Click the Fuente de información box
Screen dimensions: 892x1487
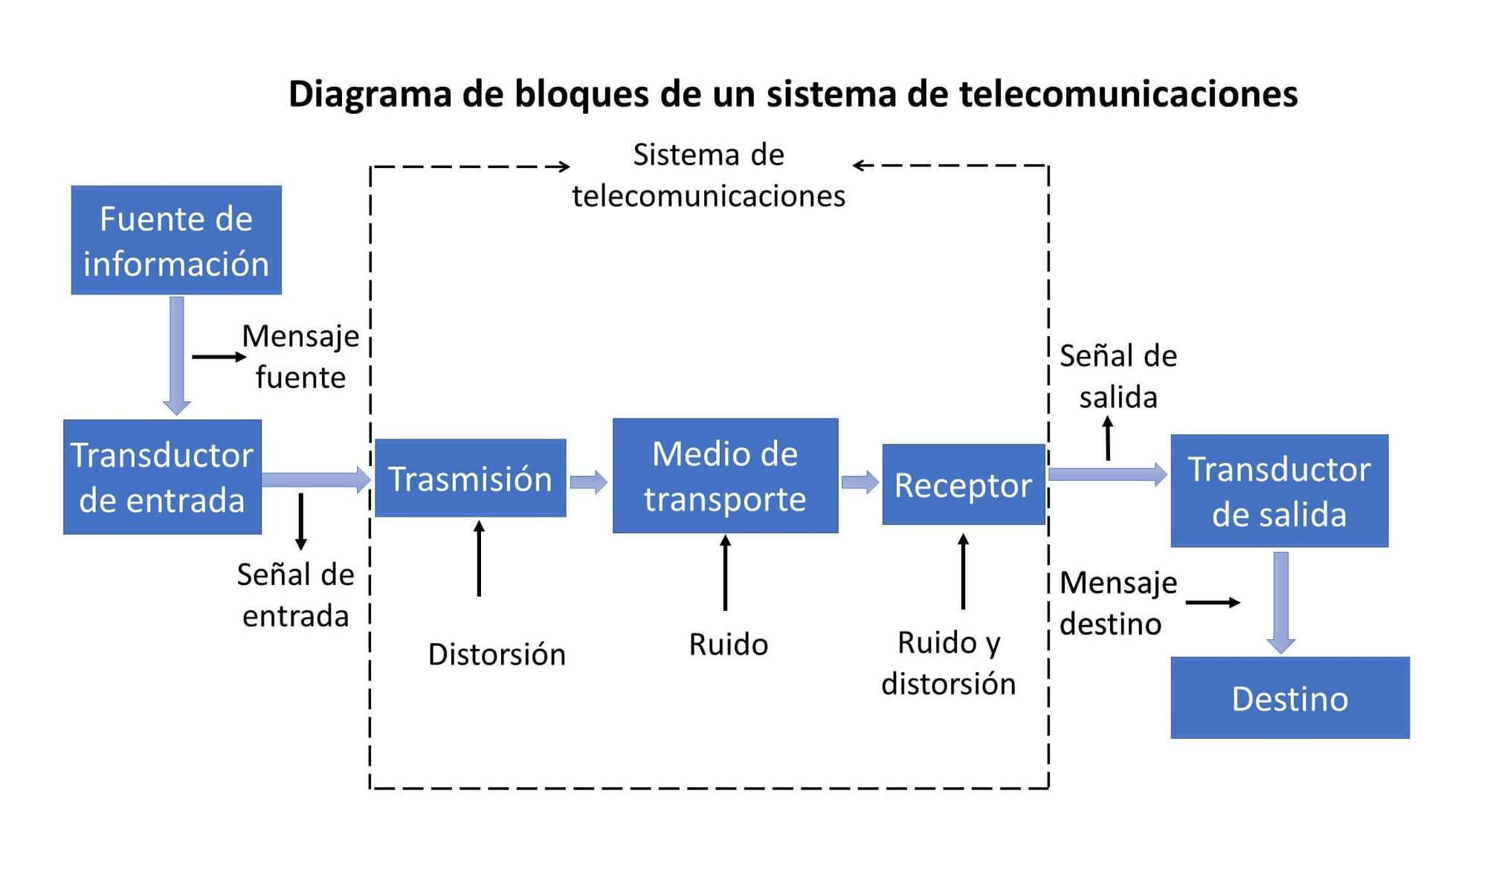(x=176, y=240)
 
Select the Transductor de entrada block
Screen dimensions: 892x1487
(x=162, y=476)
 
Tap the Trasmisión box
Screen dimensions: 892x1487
(x=470, y=478)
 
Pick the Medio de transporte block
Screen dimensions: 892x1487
(x=725, y=476)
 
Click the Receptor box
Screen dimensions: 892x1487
(x=963, y=485)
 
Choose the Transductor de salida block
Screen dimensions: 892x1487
(x=1279, y=491)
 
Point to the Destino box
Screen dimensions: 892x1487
(x=1289, y=697)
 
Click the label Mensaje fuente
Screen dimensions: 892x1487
(x=300, y=357)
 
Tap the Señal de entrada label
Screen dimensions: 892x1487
(x=295, y=595)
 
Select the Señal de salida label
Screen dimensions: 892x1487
(x=1117, y=376)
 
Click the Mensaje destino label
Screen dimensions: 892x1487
(x=1117, y=603)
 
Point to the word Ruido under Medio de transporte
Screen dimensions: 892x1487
(x=728, y=644)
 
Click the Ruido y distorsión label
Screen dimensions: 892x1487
(x=948, y=662)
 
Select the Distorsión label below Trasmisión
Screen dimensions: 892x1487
(x=497, y=654)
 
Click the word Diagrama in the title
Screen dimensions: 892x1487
(x=370, y=94)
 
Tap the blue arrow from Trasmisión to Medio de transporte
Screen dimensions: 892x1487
(x=588, y=482)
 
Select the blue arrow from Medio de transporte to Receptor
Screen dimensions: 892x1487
(x=859, y=482)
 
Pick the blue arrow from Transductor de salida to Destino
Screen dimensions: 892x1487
(x=1280, y=601)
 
